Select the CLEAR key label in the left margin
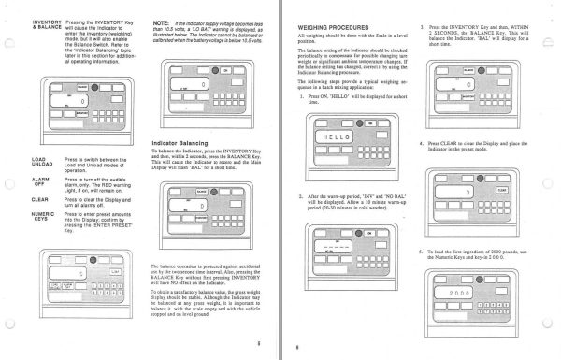[x=15, y=198]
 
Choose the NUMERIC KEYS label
[x=17, y=215]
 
